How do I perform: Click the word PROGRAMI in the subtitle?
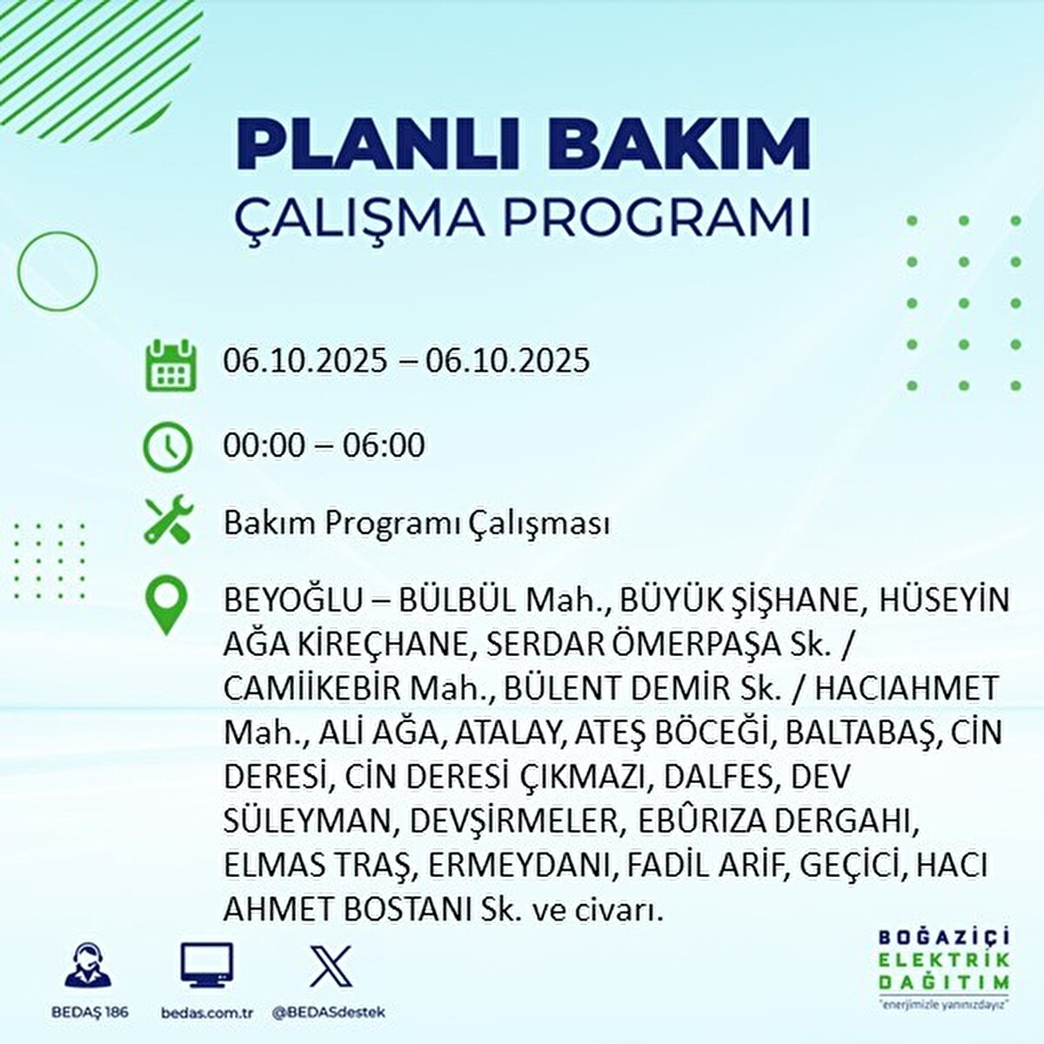tap(659, 218)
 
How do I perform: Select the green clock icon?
tap(167, 447)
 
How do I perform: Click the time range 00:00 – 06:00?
tap(324, 445)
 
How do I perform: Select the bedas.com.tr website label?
tap(207, 1013)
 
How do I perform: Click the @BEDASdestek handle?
tap(329, 1013)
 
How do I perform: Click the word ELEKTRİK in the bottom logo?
tap(945, 960)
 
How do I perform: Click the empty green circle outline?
tap(57, 271)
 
